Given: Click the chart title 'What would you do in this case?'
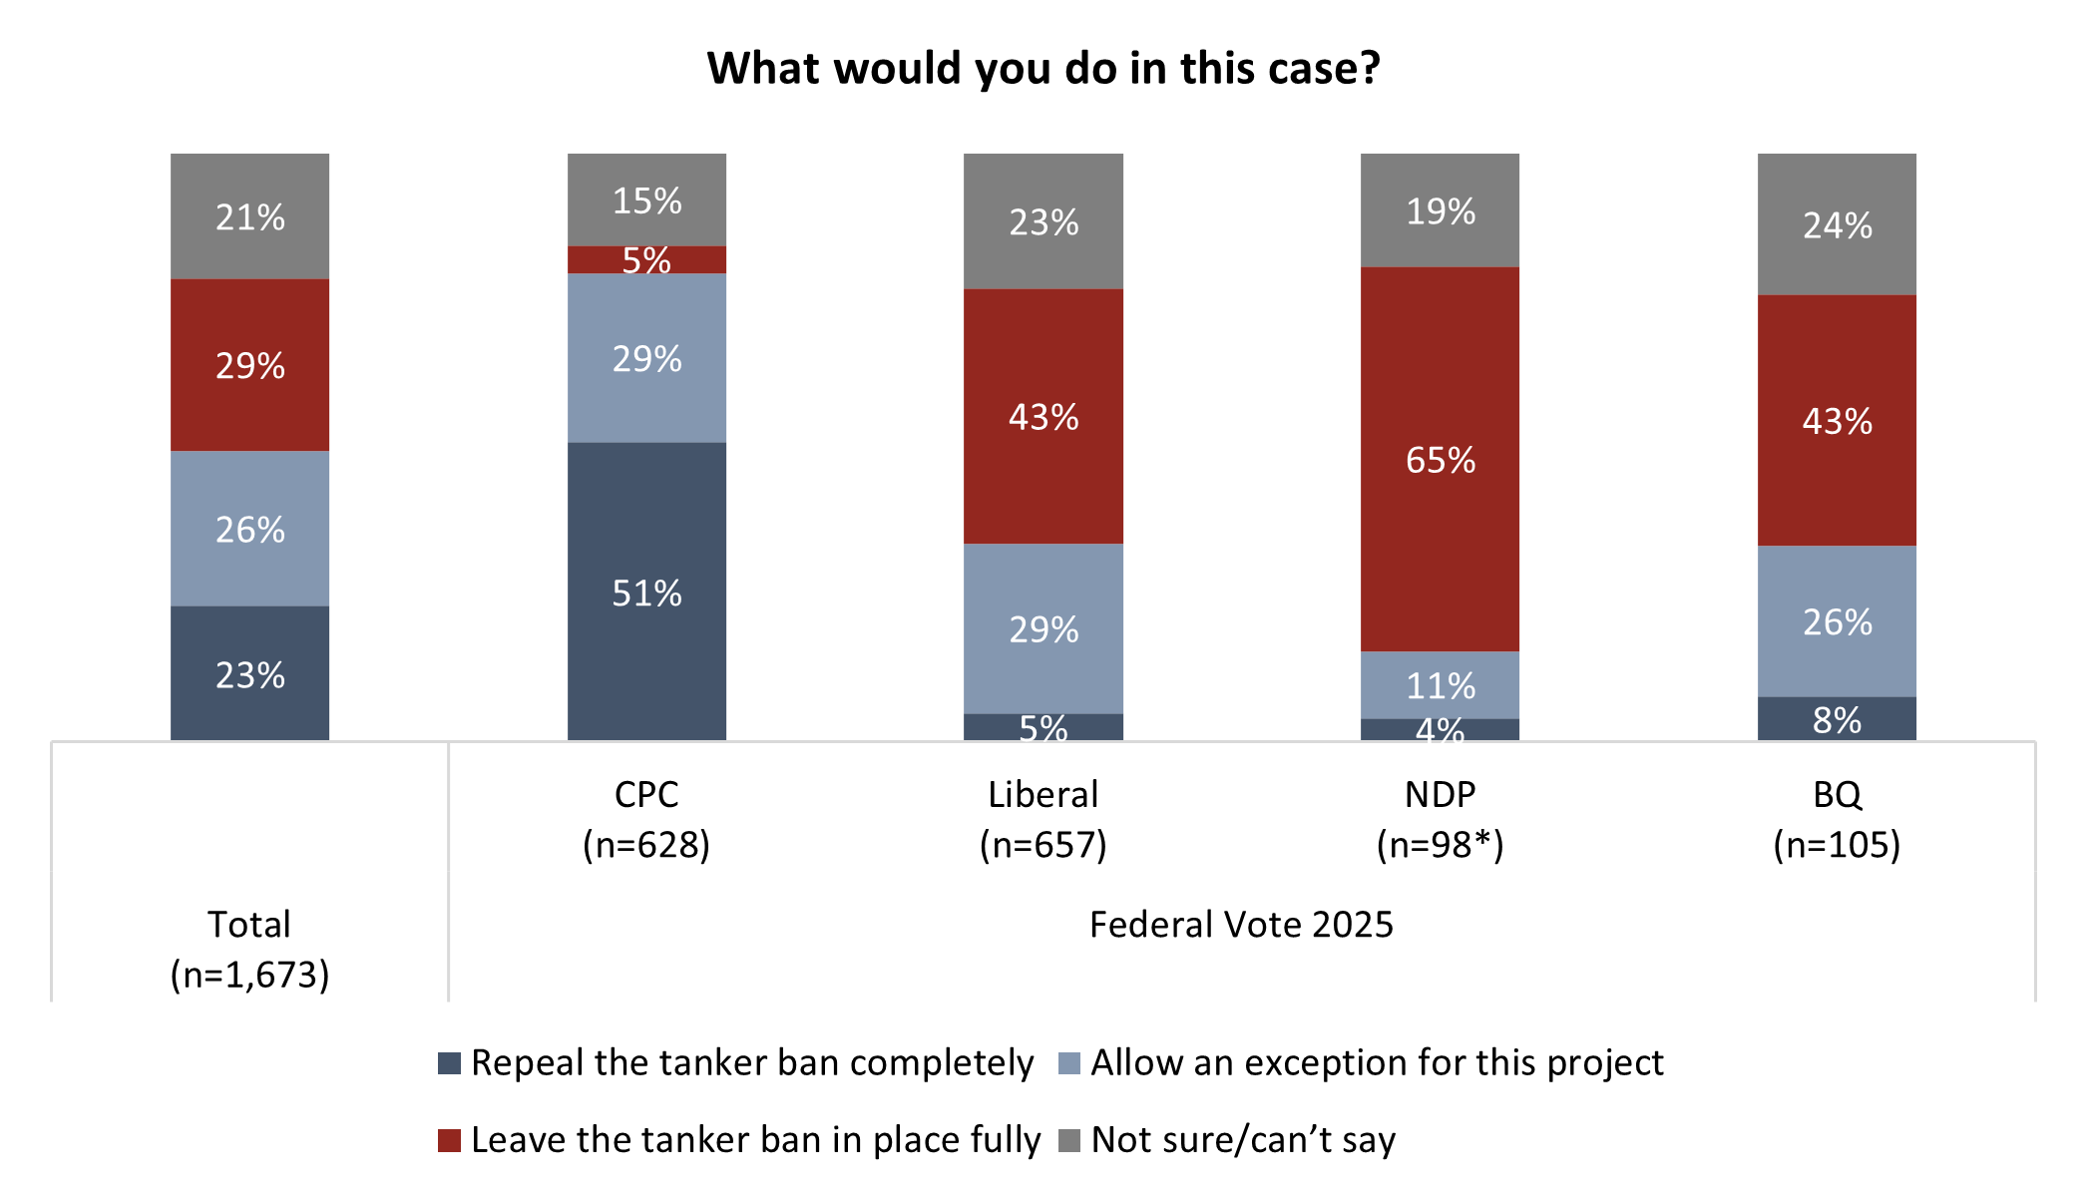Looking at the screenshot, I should (1043, 68).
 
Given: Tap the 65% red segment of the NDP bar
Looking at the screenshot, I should (1440, 459).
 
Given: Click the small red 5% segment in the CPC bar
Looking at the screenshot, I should (646, 259).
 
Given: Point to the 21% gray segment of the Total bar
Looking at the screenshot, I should (249, 215).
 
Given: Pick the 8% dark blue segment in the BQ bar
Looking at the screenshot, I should (1837, 718).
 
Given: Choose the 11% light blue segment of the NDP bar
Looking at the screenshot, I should (1440, 684).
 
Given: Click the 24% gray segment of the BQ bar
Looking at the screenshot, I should (1837, 224).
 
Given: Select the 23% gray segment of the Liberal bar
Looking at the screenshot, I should (1043, 221).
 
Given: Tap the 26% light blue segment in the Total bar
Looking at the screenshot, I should (249, 529).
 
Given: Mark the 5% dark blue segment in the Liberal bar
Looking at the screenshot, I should (1043, 727).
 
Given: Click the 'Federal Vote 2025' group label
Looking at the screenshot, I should (1241, 925).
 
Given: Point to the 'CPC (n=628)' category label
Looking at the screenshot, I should (646, 819).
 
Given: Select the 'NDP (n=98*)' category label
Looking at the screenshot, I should (1440, 819).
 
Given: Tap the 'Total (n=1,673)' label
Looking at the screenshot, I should (249, 949).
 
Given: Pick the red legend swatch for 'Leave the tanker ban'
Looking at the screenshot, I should (450, 1140).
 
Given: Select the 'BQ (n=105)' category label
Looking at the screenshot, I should (1837, 819).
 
